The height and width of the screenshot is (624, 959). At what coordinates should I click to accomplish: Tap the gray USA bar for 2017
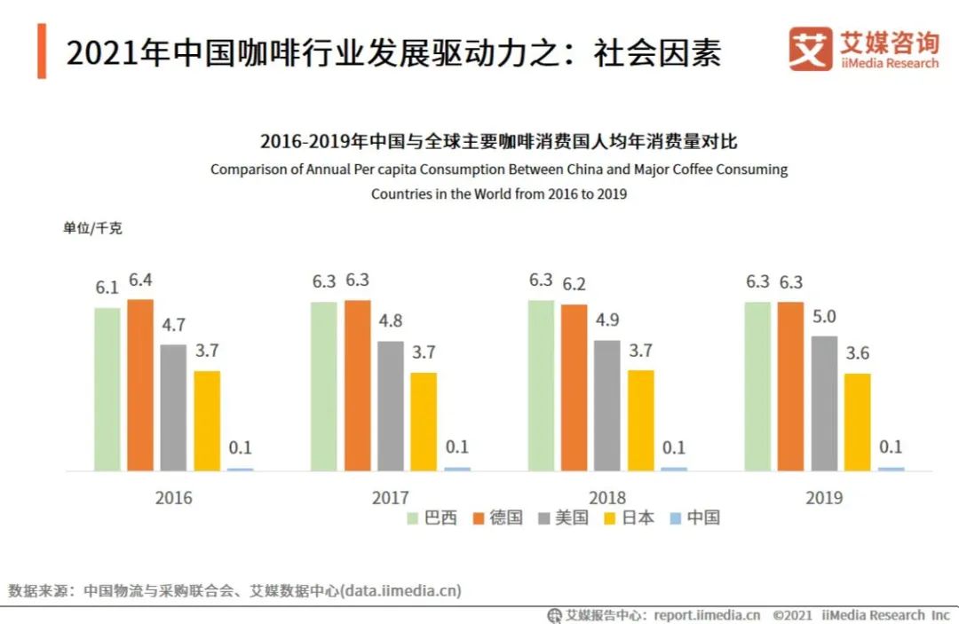click(391, 406)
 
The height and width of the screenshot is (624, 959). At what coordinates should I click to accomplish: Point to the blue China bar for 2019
click(891, 469)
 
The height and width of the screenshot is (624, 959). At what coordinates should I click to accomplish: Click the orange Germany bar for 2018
click(574, 387)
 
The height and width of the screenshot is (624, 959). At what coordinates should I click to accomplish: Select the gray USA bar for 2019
click(824, 403)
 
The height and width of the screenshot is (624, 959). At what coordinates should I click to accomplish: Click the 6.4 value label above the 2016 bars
click(140, 280)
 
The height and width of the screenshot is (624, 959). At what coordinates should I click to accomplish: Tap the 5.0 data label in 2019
click(824, 317)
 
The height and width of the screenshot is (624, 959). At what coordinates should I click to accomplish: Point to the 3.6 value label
click(857, 353)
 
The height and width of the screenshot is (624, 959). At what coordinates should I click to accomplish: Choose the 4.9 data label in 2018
click(607, 320)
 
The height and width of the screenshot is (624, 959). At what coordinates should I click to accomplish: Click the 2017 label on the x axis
click(390, 498)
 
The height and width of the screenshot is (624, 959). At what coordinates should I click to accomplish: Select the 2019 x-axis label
click(824, 498)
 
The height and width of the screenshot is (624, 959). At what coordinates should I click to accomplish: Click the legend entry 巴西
click(432, 517)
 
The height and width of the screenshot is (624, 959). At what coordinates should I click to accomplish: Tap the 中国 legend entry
click(694, 517)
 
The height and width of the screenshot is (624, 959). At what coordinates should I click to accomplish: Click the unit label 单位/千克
click(92, 228)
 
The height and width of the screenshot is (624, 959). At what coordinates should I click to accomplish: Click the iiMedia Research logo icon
click(810, 50)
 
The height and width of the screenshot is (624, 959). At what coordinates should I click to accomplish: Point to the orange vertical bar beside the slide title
click(42, 51)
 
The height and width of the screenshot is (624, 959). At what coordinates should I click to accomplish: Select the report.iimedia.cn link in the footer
click(707, 615)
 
